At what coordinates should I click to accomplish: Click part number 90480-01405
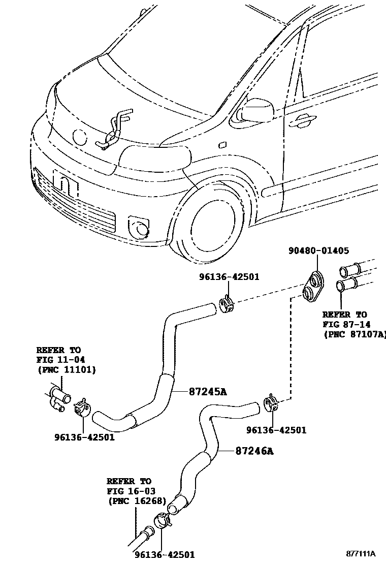click(318, 250)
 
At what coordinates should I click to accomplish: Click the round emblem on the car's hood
click(80, 136)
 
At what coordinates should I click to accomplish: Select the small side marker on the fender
click(222, 145)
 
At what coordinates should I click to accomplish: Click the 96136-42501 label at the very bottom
click(165, 555)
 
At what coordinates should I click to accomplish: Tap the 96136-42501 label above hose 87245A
click(229, 277)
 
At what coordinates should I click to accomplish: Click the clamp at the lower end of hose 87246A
click(162, 520)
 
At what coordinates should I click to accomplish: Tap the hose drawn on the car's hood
click(115, 129)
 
